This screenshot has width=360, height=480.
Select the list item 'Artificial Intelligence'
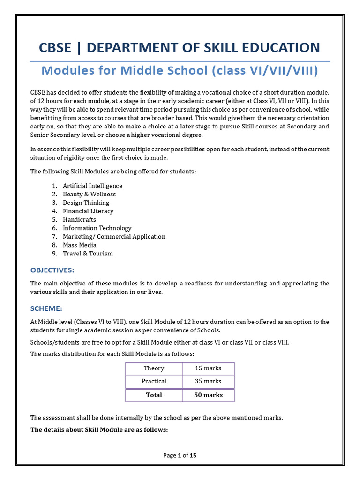click(x=92, y=186)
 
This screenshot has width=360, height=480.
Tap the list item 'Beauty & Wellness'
click(x=89, y=194)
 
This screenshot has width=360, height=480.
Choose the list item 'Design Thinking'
click(x=86, y=202)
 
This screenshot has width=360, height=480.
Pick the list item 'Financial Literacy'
click(x=88, y=211)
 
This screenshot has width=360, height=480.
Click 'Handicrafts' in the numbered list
click(x=79, y=219)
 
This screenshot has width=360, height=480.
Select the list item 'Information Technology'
click(x=97, y=228)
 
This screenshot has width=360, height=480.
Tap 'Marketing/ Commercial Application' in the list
click(x=114, y=236)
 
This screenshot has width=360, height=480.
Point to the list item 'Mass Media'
click(x=80, y=245)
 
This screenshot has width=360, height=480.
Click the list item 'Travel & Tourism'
click(x=88, y=253)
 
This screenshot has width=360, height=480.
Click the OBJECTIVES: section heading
click(x=52, y=270)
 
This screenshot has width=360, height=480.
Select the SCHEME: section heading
click(x=46, y=308)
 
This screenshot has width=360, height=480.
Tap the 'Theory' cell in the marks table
click(x=154, y=368)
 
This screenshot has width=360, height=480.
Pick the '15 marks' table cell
click(x=208, y=368)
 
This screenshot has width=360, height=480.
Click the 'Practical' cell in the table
click(x=154, y=381)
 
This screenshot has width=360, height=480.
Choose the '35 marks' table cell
click(x=208, y=381)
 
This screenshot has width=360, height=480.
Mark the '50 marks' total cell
click(x=208, y=395)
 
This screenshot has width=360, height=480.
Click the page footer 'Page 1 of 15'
click(x=180, y=455)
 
